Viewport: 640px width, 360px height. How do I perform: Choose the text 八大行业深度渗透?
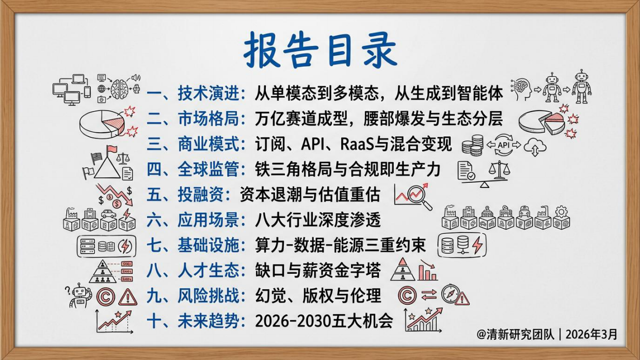tap(318, 220)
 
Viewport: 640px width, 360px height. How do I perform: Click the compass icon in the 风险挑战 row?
tap(450, 293)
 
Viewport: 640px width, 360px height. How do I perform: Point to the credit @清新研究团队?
tap(516, 334)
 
